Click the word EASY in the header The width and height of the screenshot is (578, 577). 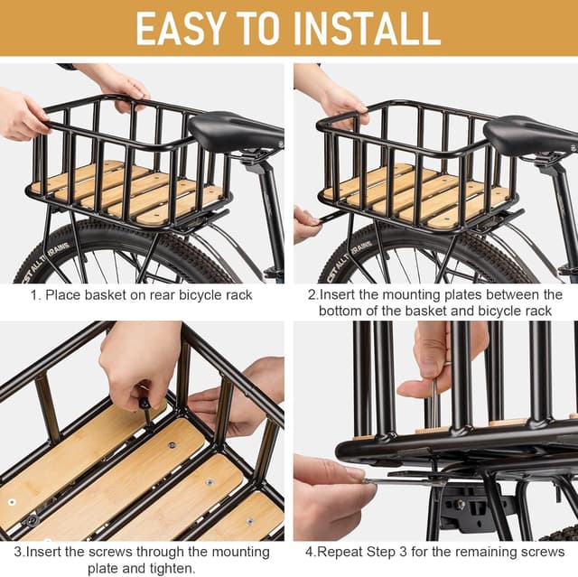(183, 29)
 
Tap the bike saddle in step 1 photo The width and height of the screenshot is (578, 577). (233, 132)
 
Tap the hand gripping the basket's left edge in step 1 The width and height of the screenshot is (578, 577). (20, 116)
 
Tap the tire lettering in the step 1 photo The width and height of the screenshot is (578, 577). (47, 248)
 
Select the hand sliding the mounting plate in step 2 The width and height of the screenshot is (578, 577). (306, 221)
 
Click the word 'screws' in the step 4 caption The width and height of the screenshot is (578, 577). (541, 552)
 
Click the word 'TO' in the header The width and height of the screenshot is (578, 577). (262, 29)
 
